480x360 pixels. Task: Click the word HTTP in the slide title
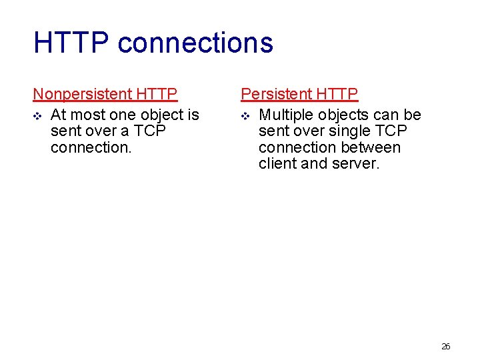(x=71, y=43)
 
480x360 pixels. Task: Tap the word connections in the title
(x=195, y=43)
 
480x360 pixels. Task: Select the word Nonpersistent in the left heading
(x=83, y=94)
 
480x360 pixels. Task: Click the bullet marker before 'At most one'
(x=37, y=116)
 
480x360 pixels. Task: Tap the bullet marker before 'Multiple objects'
(x=245, y=116)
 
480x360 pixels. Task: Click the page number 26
(x=446, y=346)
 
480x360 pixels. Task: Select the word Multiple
(x=285, y=115)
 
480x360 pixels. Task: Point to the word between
(x=369, y=147)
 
